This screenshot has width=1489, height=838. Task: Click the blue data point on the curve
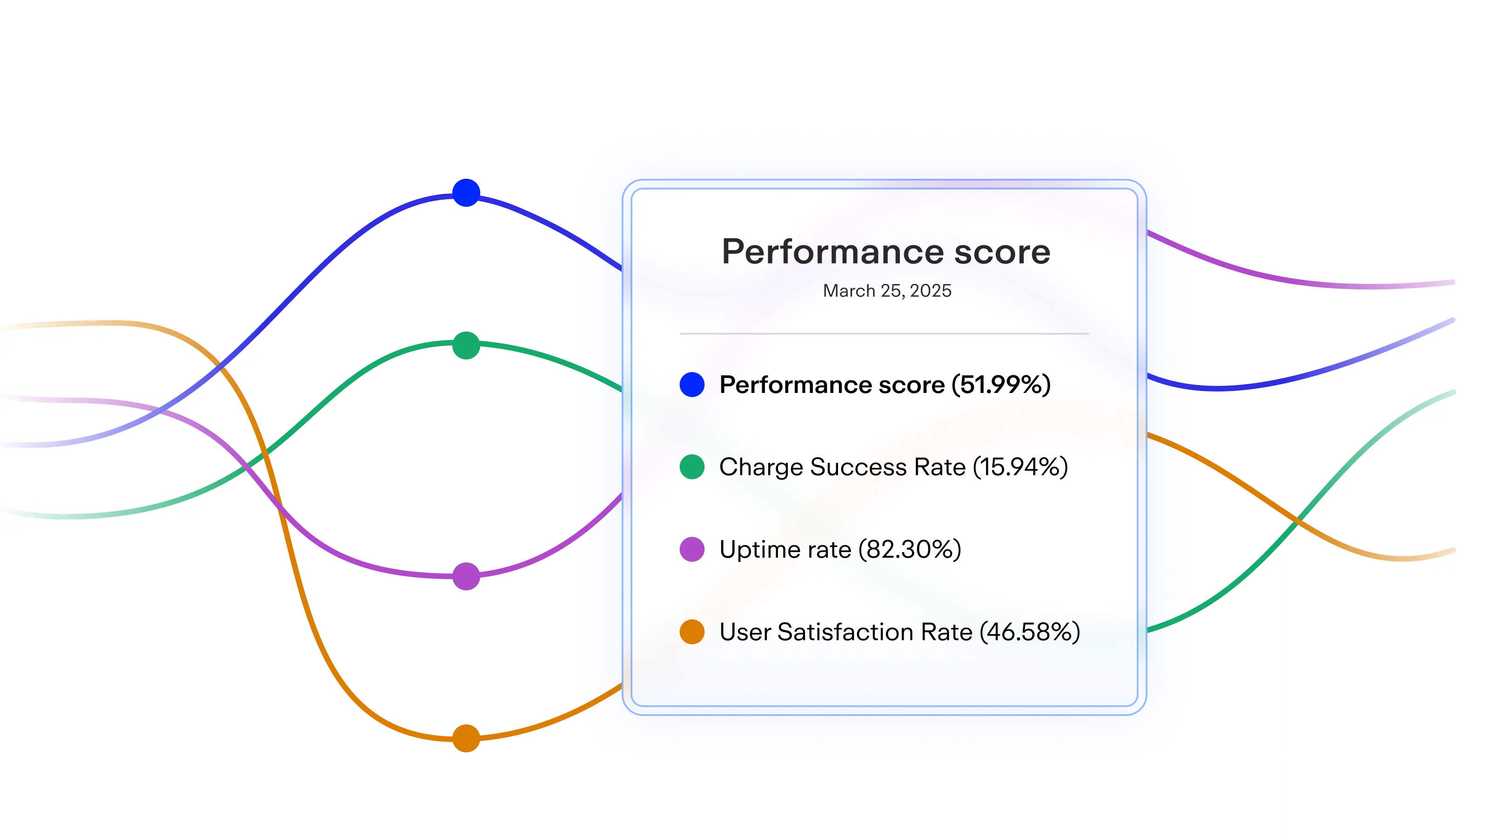[x=466, y=193]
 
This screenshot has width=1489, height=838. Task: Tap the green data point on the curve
[x=466, y=345]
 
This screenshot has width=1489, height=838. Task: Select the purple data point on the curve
[x=466, y=576]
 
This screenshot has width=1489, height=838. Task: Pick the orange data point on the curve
[x=466, y=738]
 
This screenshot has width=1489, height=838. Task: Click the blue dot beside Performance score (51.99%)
[x=692, y=385]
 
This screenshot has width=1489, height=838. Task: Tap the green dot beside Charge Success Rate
[x=692, y=466]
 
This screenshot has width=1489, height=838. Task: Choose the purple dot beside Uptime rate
[x=692, y=549]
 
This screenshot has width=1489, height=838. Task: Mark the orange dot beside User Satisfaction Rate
[x=692, y=632]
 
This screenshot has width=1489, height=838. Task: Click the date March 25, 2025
[x=887, y=291]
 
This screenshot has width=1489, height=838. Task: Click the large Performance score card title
[x=885, y=252]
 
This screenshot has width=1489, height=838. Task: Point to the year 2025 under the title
[x=930, y=291]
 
